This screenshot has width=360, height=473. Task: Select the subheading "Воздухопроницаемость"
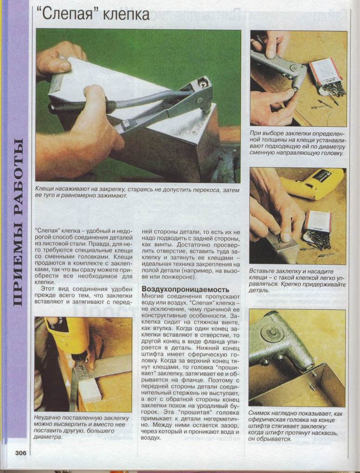185,289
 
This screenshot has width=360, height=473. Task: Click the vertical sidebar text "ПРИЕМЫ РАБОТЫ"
18,222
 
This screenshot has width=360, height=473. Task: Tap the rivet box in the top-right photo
324,76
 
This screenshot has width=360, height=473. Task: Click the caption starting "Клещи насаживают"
137,193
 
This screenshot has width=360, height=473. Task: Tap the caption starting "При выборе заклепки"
297,143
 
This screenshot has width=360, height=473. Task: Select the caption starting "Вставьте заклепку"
297,281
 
